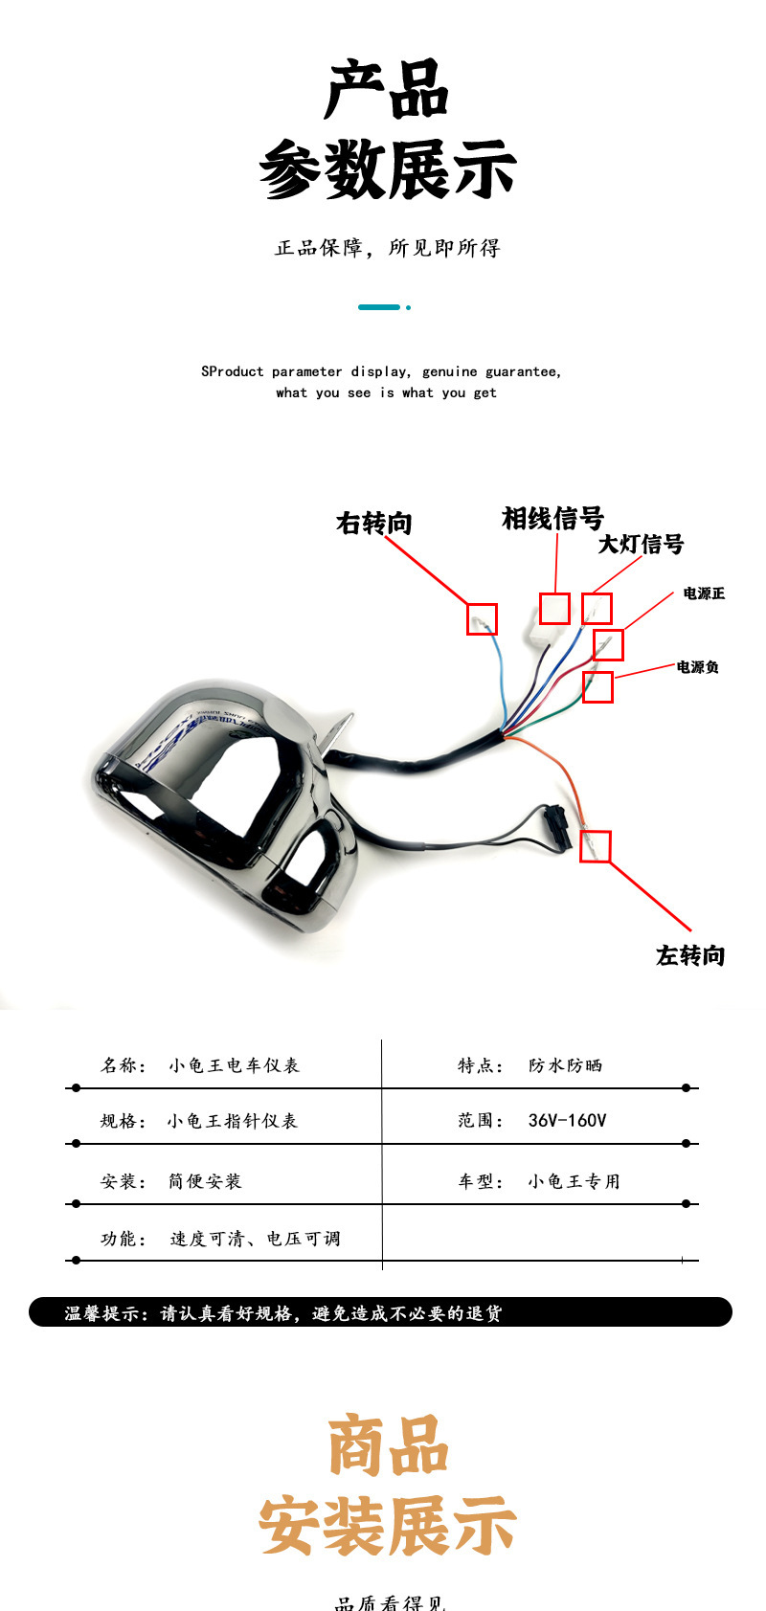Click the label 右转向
pyautogui.click(x=373, y=524)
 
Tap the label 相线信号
pyautogui.click(x=552, y=519)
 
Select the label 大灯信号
pyautogui.click(x=641, y=545)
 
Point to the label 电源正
pyautogui.click(x=704, y=593)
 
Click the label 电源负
pyautogui.click(x=697, y=667)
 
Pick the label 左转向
pyautogui.click(x=689, y=955)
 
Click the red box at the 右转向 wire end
pyautogui.click(x=482, y=618)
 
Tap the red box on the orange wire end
pyautogui.click(x=595, y=846)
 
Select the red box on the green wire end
pyautogui.click(x=597, y=687)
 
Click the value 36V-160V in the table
pyautogui.click(x=567, y=1120)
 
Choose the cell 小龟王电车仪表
pyautogui.click(x=234, y=1065)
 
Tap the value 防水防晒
pyautogui.click(x=565, y=1065)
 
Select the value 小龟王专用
pyautogui.click(x=574, y=1181)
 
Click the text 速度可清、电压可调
pyautogui.click(x=255, y=1239)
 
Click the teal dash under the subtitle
pyautogui.click(x=379, y=307)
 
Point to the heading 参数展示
pyautogui.click(x=387, y=170)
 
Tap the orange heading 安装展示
pyautogui.click(x=387, y=1525)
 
